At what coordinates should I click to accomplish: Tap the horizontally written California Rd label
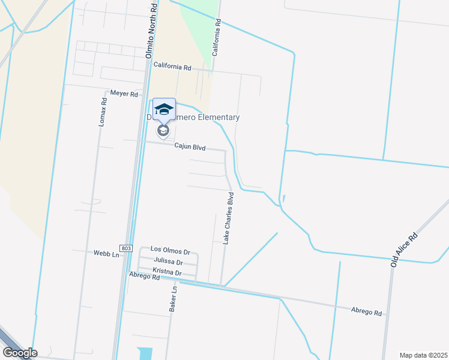[172, 65]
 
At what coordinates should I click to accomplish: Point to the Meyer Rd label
[124, 94]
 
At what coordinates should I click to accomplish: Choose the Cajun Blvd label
[190, 146]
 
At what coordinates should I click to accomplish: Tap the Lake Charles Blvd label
[228, 218]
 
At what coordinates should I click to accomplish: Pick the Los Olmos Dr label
[170, 249]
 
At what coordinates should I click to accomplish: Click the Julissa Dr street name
[168, 261]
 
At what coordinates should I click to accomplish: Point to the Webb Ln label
[106, 254]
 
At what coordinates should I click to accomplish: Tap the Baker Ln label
[173, 298]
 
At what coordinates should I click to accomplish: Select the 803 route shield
[125, 248]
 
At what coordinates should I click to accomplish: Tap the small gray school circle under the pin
[163, 130]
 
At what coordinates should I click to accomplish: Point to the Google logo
[19, 353]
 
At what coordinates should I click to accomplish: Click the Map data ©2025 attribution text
[423, 355]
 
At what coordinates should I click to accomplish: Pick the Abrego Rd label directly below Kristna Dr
[145, 277]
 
